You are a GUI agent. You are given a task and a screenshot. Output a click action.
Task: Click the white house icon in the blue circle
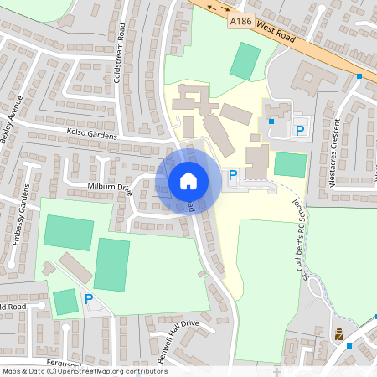pyautogui.click(x=188, y=180)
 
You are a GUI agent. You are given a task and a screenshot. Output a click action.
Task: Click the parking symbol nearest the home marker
pyautogui.click(x=234, y=175)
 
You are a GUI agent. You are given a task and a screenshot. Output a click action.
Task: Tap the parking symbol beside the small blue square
pyautogui.click(x=300, y=130)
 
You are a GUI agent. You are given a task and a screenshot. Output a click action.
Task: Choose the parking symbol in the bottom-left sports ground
pyautogui.click(x=89, y=298)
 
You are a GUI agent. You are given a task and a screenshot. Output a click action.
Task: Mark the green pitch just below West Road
pyautogui.click(x=245, y=61)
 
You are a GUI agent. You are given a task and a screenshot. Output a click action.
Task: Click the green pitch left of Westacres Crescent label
pyautogui.click(x=290, y=164)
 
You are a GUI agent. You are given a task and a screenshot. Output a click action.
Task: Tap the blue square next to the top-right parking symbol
pyautogui.click(x=272, y=121)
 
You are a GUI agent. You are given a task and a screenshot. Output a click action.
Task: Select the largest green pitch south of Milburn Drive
pyautogui.click(x=111, y=264)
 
